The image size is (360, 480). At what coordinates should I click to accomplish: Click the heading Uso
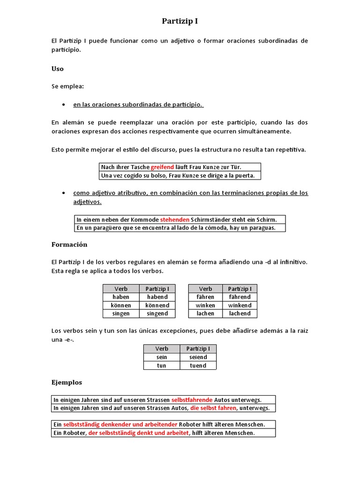57,68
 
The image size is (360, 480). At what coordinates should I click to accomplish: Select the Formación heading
69,245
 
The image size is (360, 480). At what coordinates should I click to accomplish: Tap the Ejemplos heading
67,382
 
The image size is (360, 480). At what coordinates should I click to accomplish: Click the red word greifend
162,167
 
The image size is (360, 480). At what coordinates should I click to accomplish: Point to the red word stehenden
175,219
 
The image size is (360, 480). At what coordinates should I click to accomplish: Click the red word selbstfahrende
192,400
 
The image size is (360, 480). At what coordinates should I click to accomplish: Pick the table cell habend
157,297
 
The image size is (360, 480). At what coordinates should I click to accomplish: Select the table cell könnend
157,305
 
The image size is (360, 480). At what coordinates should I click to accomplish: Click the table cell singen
121,314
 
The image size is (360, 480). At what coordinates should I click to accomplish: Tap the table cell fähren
205,297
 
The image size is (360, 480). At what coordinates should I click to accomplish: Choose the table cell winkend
240,305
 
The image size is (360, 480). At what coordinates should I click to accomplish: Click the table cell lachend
240,314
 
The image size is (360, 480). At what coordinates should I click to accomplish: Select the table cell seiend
198,357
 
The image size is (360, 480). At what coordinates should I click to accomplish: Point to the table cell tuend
198,366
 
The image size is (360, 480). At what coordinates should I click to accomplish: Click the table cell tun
162,366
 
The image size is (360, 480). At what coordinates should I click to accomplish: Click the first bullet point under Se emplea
63,104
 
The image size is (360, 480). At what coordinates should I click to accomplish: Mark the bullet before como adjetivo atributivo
63,193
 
